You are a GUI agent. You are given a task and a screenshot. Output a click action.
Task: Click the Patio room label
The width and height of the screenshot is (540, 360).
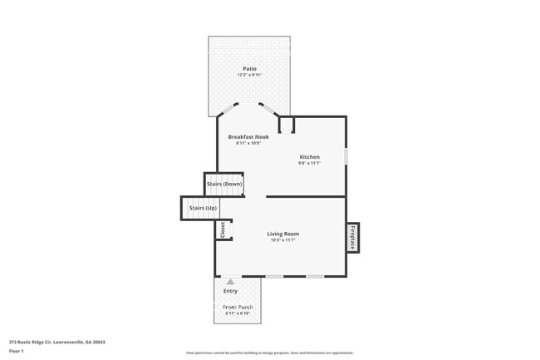249,68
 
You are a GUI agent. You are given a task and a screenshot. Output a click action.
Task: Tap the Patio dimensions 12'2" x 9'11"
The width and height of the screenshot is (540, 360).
249,76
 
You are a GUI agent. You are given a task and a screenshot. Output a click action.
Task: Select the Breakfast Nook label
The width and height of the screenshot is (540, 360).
248,136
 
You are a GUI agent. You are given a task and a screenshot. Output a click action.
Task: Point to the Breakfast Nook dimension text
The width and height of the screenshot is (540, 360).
248,144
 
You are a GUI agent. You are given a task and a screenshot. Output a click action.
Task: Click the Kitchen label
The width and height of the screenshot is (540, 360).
309,156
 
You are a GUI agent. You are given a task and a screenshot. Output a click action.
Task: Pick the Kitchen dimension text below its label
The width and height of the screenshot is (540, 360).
309,163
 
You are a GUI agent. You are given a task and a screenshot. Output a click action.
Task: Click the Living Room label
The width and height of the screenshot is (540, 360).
282,234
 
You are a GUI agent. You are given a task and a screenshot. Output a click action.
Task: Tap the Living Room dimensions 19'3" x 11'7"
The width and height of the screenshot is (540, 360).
282,241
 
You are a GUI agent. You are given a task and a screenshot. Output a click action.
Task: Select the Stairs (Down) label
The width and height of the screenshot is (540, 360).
224,184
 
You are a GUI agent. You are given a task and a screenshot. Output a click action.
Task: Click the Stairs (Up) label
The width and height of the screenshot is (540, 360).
204,207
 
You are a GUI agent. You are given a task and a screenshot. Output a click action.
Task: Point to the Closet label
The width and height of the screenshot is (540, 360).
223,229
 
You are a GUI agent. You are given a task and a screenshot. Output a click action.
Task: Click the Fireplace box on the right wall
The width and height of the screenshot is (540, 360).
352,237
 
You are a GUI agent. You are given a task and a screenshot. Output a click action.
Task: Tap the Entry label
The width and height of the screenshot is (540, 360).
231,291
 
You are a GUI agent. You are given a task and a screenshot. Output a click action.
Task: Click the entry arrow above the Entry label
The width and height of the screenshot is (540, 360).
231,282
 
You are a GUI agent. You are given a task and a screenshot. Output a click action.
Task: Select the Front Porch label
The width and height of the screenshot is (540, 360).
238,308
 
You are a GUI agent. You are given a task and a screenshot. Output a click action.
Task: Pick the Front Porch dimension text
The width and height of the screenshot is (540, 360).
238,314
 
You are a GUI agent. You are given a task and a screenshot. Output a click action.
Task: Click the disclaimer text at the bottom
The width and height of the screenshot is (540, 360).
269,353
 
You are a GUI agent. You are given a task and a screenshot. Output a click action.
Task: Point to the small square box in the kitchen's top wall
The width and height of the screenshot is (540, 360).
287,126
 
